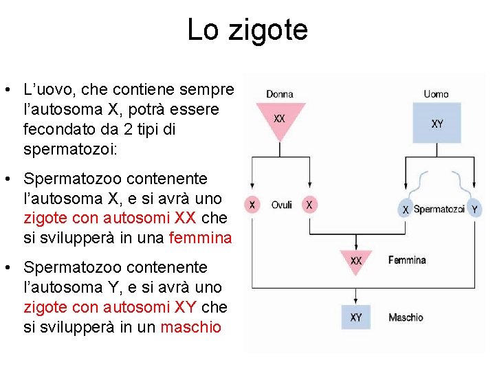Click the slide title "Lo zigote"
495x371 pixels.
click(x=247, y=30)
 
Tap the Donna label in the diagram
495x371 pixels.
click(x=280, y=94)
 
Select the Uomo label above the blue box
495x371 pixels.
click(x=437, y=94)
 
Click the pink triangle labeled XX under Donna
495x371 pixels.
click(x=280, y=119)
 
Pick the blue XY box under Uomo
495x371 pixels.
click(x=437, y=123)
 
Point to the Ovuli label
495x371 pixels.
click(x=282, y=205)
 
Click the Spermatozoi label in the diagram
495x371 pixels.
click(x=439, y=209)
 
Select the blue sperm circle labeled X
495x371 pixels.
click(x=406, y=209)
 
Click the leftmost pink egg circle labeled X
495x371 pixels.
click(x=253, y=205)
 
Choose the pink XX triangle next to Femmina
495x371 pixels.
click(x=356, y=261)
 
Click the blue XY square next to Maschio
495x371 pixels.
click(x=356, y=317)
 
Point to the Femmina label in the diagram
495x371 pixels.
click(x=407, y=260)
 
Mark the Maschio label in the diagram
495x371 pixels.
click(x=406, y=317)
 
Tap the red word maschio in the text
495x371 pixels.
click(x=190, y=327)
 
